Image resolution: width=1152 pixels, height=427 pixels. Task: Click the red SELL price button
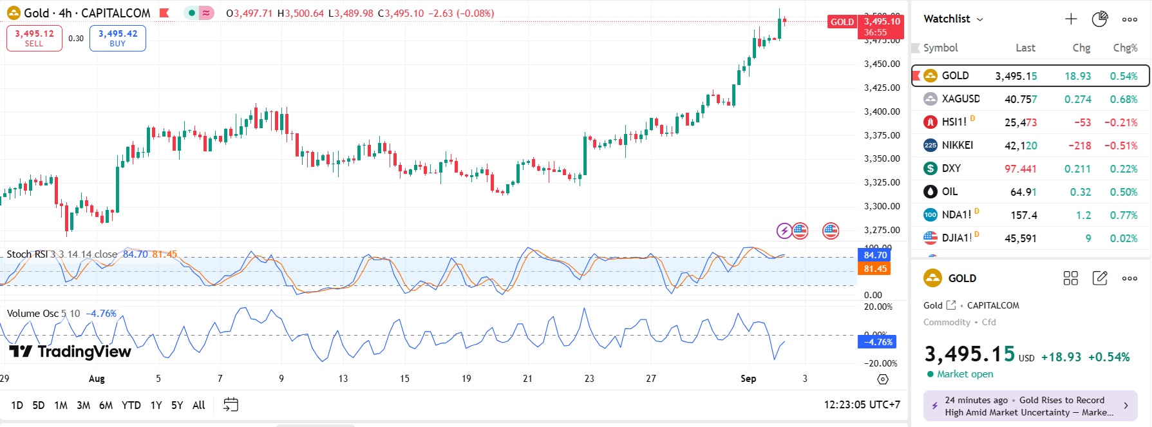(34, 38)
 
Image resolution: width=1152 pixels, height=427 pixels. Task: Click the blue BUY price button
(118, 38)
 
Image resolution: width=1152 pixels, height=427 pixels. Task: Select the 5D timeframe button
(39, 405)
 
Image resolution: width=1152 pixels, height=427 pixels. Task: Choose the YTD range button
(131, 405)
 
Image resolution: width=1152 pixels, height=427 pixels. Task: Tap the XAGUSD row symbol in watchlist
(960, 99)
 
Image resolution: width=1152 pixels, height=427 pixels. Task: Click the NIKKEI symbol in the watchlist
(957, 146)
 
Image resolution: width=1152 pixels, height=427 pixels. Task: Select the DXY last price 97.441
(1020, 169)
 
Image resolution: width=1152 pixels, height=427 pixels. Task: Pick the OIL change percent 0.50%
(1123, 192)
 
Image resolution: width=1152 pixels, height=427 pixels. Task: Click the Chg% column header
(1125, 48)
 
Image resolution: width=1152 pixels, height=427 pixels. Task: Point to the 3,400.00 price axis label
(882, 111)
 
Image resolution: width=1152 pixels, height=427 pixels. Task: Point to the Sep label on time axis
(748, 379)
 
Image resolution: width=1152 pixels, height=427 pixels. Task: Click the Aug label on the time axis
(97, 379)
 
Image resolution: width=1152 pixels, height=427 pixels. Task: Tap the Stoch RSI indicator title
(27, 254)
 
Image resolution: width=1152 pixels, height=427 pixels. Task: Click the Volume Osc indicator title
(32, 314)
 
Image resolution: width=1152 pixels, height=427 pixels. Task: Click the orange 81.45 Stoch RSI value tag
(875, 269)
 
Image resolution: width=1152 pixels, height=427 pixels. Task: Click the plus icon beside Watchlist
(1071, 19)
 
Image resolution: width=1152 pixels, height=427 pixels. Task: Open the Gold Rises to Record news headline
(1029, 406)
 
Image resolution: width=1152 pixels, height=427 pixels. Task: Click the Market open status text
(965, 374)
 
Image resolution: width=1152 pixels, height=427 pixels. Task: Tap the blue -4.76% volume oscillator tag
(876, 342)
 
